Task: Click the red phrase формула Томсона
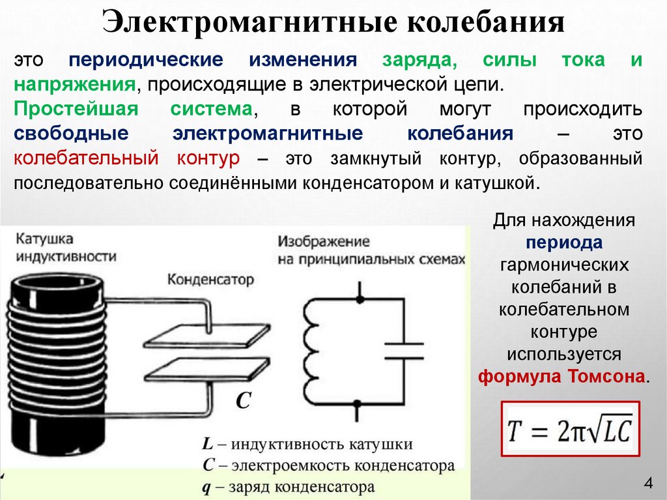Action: point(563,377)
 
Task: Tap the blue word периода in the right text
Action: point(564,243)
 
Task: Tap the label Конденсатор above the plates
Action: point(210,280)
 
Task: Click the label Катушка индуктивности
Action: point(64,247)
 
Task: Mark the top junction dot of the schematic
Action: point(358,300)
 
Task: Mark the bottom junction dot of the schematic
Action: point(358,404)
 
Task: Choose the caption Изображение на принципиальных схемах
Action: point(371,250)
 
